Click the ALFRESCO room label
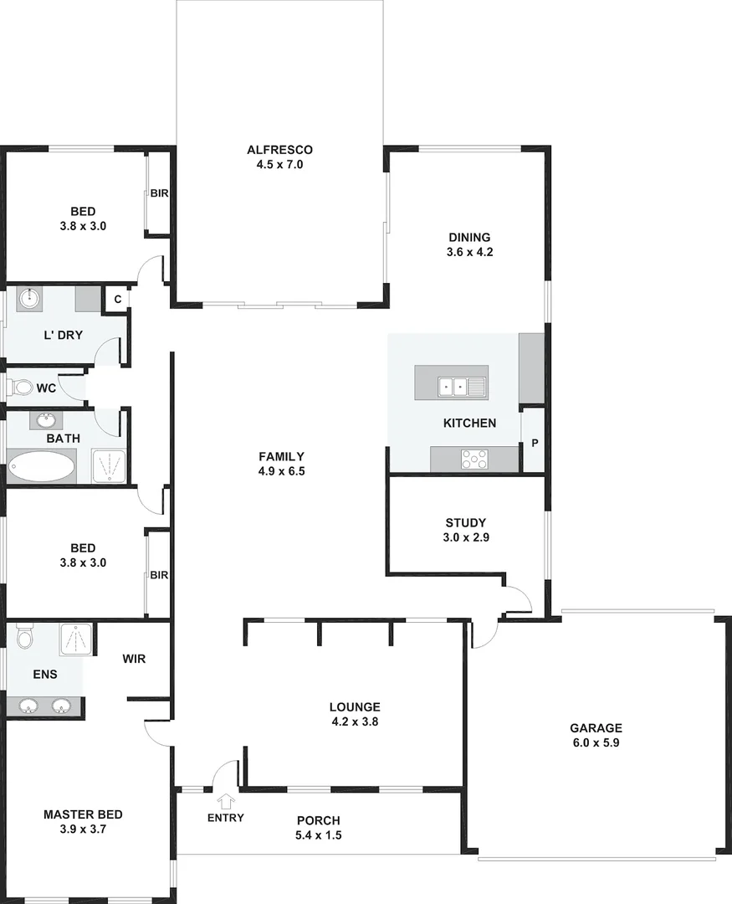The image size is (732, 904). click(279, 150)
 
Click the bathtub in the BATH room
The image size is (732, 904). click(41, 466)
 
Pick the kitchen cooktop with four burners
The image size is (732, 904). click(474, 459)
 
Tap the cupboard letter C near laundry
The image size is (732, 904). click(117, 300)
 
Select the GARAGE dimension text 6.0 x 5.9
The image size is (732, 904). click(596, 742)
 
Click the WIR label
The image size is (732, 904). click(134, 659)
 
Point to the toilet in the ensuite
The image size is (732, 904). click(23, 638)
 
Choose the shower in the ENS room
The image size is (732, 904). click(78, 639)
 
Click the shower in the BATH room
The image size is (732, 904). click(109, 466)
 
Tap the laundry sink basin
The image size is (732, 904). click(29, 299)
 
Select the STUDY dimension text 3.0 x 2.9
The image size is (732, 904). click(466, 538)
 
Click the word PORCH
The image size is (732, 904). click(318, 820)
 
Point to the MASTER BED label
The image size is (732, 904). click(83, 814)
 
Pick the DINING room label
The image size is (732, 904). click(468, 237)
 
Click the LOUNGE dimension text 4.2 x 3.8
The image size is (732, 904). click(355, 721)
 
